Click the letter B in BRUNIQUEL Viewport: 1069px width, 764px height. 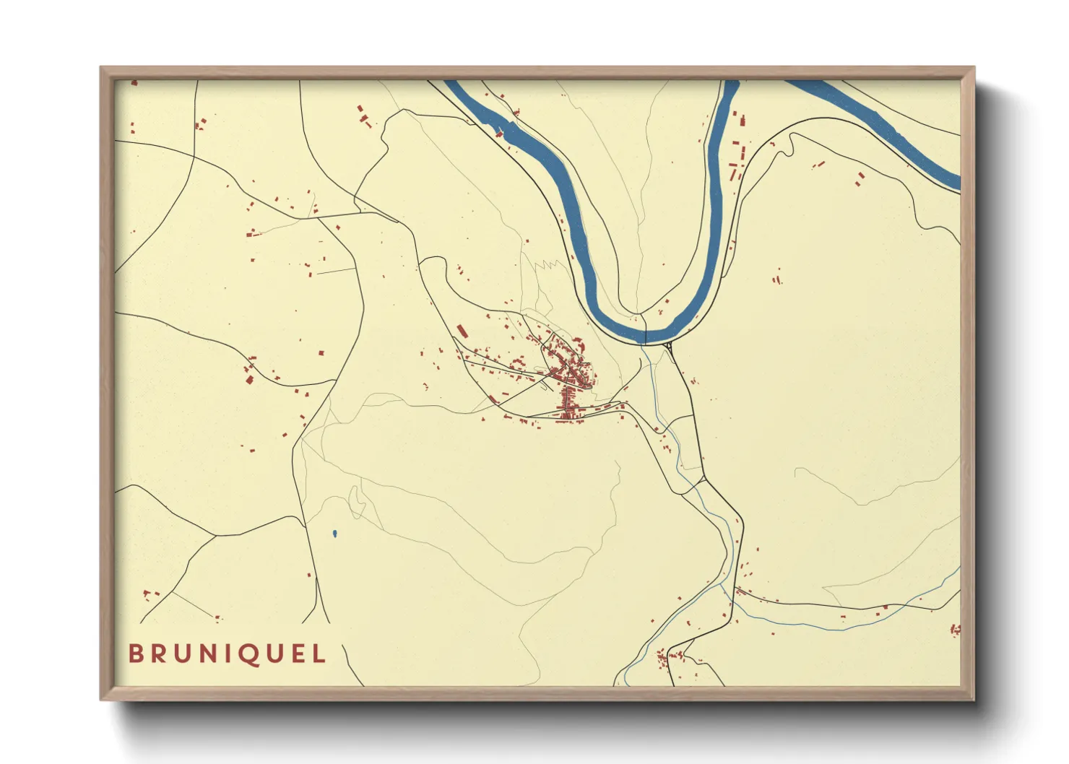pyautogui.click(x=136, y=654)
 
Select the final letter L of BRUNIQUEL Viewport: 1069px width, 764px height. pyautogui.click(x=319, y=654)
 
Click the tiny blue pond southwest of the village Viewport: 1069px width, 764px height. pyautogui.click(x=334, y=534)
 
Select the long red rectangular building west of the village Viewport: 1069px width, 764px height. pyautogui.click(x=462, y=331)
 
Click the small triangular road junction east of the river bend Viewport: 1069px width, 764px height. pyautogui.click(x=670, y=348)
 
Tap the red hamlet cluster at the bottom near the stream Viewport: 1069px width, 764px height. pyautogui.click(x=669, y=656)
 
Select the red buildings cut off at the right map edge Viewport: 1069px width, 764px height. pyautogui.click(x=955, y=630)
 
